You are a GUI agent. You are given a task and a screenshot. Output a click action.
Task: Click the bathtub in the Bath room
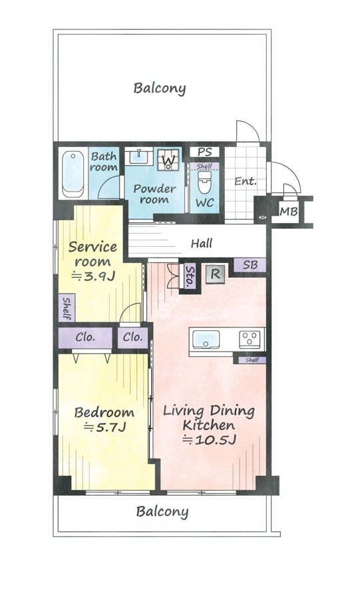pos(73,174)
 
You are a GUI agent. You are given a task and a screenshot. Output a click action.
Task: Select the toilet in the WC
pos(204,182)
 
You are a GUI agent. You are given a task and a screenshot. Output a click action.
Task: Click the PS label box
pos(204,152)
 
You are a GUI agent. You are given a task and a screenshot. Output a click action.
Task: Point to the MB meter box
pos(288,212)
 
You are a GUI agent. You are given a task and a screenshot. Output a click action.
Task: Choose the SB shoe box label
pos(250,265)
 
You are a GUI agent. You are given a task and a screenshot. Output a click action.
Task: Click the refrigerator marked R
pos(215,274)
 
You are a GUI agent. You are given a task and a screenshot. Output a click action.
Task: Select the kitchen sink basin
pos(206,339)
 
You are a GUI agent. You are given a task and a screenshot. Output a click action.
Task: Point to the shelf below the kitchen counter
pos(252,360)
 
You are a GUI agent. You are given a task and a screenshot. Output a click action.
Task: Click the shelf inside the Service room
pos(67,307)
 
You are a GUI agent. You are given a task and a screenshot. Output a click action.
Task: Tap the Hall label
pos(202,244)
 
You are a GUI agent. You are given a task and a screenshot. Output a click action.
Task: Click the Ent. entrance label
pos(246,181)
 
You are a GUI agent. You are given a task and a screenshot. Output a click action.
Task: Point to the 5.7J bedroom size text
pos(104,427)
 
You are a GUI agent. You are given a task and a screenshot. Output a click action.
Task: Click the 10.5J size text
pos(210,440)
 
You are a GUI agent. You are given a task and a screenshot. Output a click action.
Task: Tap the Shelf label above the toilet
pos(204,166)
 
